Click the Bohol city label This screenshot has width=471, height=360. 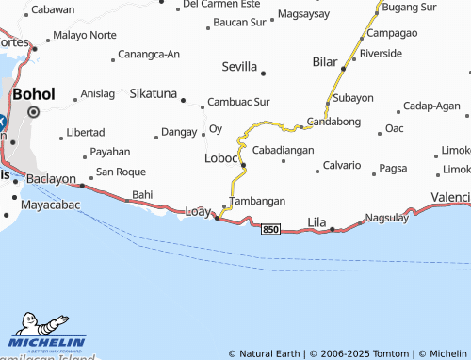pos(33,94)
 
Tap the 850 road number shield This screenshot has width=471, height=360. pos(271,230)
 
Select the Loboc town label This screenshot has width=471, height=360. pos(221,158)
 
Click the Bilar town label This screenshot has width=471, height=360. pos(324,61)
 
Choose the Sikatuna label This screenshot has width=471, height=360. pos(152,94)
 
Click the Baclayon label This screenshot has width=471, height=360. pos(52,178)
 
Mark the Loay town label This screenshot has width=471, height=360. pos(198,211)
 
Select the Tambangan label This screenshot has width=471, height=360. pos(258,202)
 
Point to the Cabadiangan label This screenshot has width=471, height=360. pos(283,150)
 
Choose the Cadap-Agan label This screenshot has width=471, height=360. pos(431,106)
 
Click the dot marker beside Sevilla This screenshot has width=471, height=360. pos(263,73)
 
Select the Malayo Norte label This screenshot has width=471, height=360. pos(85,35)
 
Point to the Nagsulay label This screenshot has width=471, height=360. pos(388,216)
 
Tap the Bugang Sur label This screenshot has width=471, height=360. pos(410,8)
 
